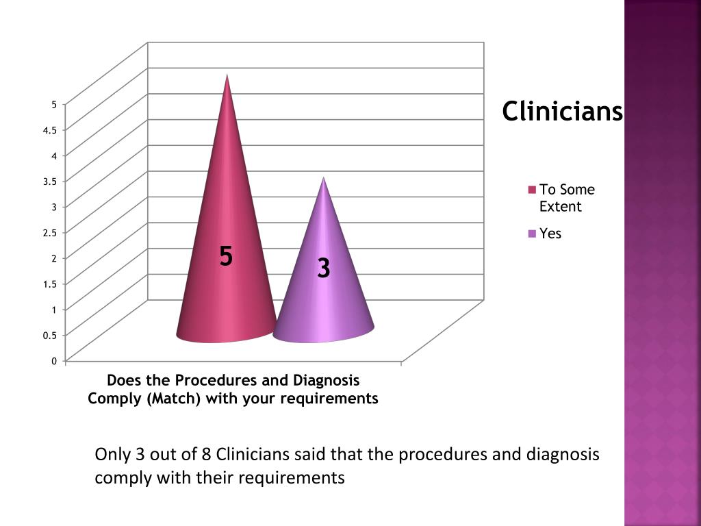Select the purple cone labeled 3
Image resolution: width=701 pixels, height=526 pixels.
click(323, 301)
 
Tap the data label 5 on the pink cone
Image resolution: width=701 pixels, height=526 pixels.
click(226, 257)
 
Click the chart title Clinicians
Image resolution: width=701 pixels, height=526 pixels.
click(562, 111)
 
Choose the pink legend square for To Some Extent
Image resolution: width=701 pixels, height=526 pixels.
click(532, 190)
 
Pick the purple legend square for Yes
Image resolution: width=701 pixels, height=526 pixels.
click(532, 234)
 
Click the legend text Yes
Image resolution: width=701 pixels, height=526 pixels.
click(550, 234)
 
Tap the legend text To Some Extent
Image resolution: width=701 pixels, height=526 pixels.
click(566, 198)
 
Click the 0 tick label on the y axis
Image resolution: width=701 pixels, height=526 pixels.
click(53, 361)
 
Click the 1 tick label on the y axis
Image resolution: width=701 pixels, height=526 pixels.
click(53, 310)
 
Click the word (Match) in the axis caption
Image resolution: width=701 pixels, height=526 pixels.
click(173, 399)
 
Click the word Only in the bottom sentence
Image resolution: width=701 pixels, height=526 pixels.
click(110, 455)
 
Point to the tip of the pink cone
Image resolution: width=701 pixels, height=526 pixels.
click(227, 75)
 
